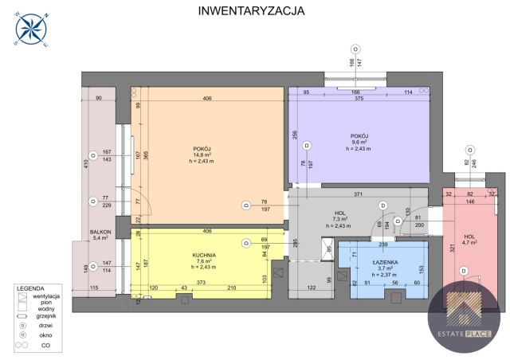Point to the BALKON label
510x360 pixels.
coord(100,232)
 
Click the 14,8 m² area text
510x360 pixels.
coord(201,156)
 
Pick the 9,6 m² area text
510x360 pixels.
coord(359,142)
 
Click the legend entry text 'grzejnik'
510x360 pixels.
coord(46,316)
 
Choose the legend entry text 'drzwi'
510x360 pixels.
coord(43,326)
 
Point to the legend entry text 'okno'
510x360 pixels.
coord(43,335)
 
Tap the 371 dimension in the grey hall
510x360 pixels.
coord(359,195)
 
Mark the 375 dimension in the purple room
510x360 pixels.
coord(360,99)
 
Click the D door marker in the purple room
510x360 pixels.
coord(307,145)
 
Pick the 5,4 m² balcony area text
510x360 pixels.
coord(100,238)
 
